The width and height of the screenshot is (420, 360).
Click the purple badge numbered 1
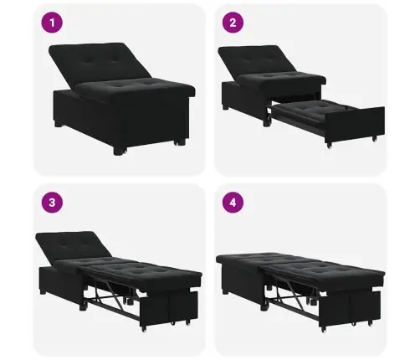[52, 23]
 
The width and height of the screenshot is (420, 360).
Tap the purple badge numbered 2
[233, 23]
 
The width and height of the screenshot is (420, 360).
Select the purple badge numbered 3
[52, 202]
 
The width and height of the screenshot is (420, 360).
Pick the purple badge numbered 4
[233, 202]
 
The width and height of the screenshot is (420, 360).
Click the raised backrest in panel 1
[98, 63]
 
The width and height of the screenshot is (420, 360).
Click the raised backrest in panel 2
[255, 60]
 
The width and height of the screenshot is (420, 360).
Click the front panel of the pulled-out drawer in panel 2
[355, 126]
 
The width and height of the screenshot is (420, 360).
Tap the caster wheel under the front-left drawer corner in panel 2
[330, 145]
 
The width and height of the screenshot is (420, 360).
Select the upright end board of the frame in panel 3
[169, 307]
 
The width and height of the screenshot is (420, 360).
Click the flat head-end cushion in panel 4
[245, 259]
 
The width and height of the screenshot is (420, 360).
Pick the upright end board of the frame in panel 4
[350, 307]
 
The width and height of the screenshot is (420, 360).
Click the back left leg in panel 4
[225, 291]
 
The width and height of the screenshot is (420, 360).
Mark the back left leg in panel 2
[225, 107]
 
